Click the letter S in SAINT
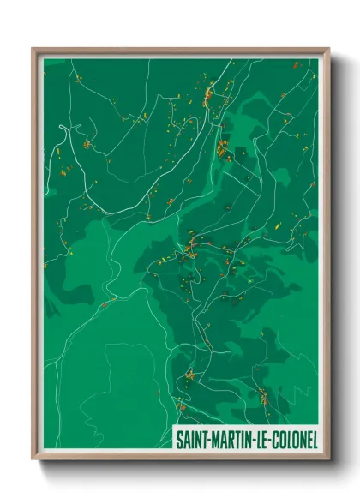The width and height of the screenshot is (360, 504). click(x=178, y=439)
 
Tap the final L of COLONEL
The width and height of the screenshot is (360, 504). click(x=314, y=439)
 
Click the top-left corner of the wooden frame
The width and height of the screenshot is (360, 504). click(x=33, y=49)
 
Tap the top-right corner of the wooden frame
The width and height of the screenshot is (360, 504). click(x=328, y=49)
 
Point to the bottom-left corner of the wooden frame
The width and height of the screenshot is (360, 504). click(x=33, y=459)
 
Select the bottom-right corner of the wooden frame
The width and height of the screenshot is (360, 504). click(x=328, y=459)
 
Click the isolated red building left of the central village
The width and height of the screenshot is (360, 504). click(x=104, y=303)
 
